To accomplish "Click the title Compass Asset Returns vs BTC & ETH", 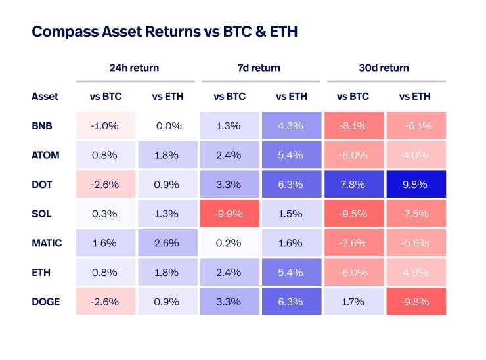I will pyautogui.click(x=164, y=32).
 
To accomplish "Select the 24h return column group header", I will pyautogui.click(x=134, y=68).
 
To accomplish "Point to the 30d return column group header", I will pyautogui.click(x=384, y=68).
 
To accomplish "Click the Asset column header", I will pyautogui.click(x=45, y=96).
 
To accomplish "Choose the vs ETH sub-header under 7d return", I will pyautogui.click(x=292, y=96).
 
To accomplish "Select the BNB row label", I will pyautogui.click(x=41, y=125).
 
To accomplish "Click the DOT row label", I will pyautogui.click(x=41, y=185).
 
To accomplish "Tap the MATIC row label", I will pyautogui.click(x=46, y=243).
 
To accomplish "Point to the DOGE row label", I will pyautogui.click(x=45, y=302).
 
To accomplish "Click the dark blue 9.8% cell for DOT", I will pyautogui.click(x=415, y=185).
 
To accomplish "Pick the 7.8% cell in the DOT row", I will pyautogui.click(x=353, y=185).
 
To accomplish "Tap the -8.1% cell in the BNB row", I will pyautogui.click(x=353, y=125).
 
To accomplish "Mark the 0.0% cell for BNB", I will pyautogui.click(x=168, y=125).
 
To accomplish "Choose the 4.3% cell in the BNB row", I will pyautogui.click(x=292, y=125).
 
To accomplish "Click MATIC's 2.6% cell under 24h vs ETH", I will pyautogui.click(x=168, y=243).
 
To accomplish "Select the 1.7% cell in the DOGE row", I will pyautogui.click(x=353, y=302).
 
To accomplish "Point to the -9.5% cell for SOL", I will pyautogui.click(x=353, y=214).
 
